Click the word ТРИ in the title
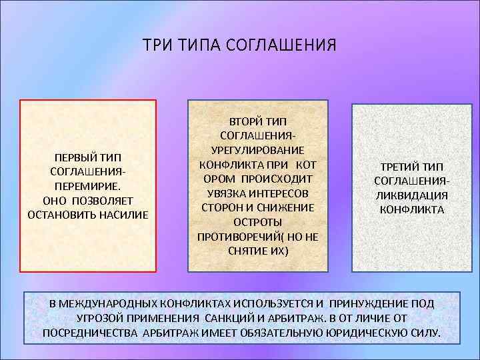[x=155, y=46]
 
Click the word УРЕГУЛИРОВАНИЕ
[x=258, y=151]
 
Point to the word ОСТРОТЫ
[x=258, y=222]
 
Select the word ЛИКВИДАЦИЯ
[x=411, y=195]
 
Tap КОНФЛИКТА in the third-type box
[x=411, y=209]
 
